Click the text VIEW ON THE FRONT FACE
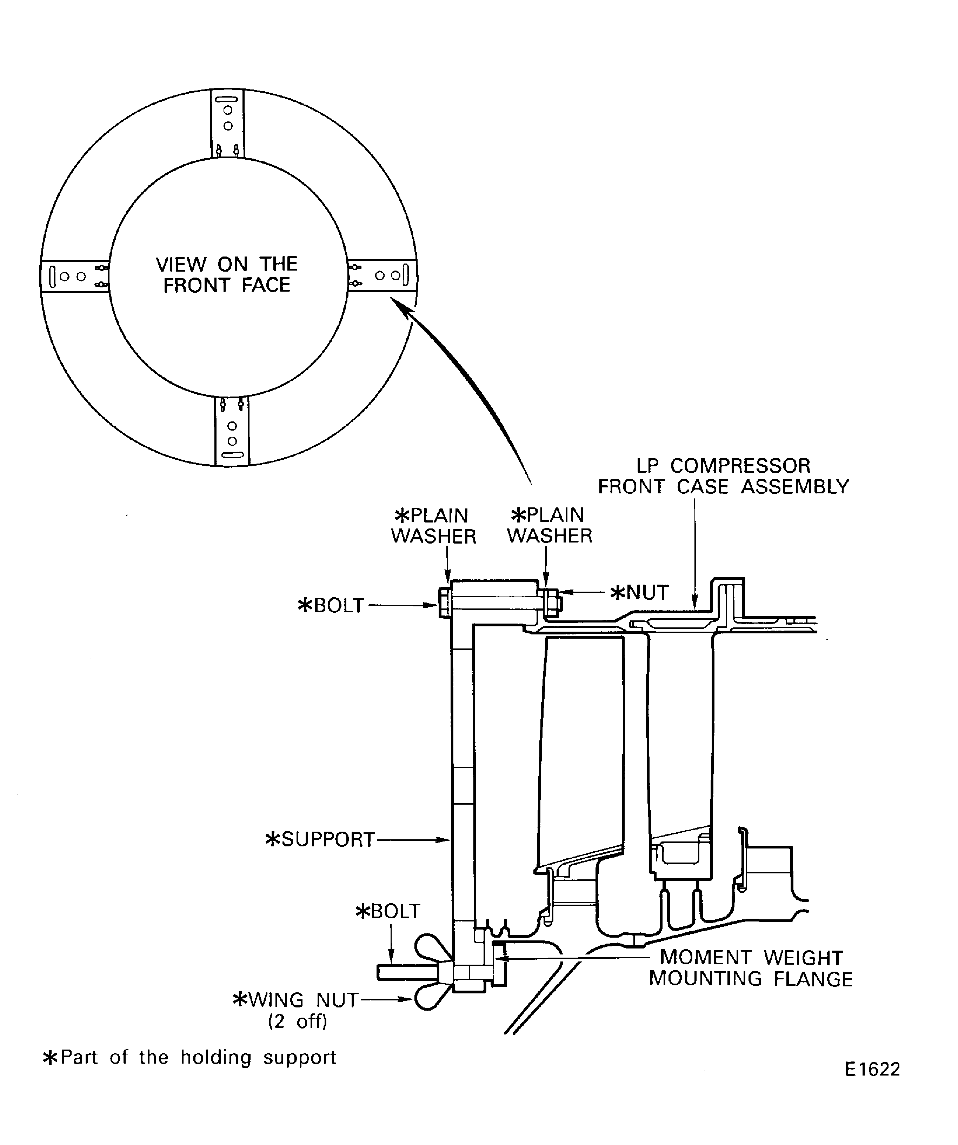click(227, 275)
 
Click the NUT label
click(640, 593)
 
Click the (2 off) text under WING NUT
click(298, 1021)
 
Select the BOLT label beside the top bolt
click(331, 605)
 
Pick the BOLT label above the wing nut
click(388, 911)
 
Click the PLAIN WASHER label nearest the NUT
click(550, 526)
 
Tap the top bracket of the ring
click(227, 123)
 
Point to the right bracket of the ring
click(382, 275)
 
